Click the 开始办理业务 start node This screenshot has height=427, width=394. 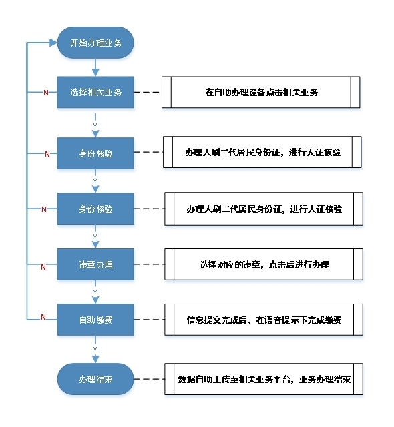pyautogui.click(x=95, y=43)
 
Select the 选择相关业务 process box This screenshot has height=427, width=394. pyautogui.click(x=95, y=92)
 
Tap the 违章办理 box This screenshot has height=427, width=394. pyautogui.click(x=95, y=264)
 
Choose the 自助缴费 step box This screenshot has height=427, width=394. pyautogui.click(x=95, y=320)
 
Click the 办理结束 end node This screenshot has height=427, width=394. pyautogui.click(x=95, y=379)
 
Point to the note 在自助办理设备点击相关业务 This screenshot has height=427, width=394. pyautogui.click(x=260, y=92)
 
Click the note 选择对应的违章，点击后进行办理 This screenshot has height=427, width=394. pyautogui.click(x=264, y=264)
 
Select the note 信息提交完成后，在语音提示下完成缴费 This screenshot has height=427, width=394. pyautogui.click(x=264, y=320)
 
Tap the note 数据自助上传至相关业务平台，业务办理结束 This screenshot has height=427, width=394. pyautogui.click(x=264, y=379)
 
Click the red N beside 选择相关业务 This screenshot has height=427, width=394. pyautogui.click(x=46, y=93)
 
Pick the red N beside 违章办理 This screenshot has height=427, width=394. pyautogui.click(x=43, y=267)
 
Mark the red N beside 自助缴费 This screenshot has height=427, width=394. pyautogui.click(x=43, y=317)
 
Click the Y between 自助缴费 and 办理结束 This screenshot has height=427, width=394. pyautogui.click(x=95, y=350)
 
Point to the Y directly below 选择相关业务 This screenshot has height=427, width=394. pyautogui.click(x=95, y=126)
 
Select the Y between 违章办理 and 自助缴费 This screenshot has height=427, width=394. pyautogui.click(x=95, y=292)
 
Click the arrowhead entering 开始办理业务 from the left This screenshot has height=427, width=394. pyautogui.click(x=53, y=43)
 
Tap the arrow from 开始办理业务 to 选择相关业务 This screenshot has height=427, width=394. pyautogui.click(x=95, y=67)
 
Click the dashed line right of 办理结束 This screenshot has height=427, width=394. pyautogui.click(x=149, y=379)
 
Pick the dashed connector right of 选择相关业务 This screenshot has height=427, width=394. pyautogui.click(x=148, y=92)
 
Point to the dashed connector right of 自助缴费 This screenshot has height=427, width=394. pyautogui.click(x=149, y=320)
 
